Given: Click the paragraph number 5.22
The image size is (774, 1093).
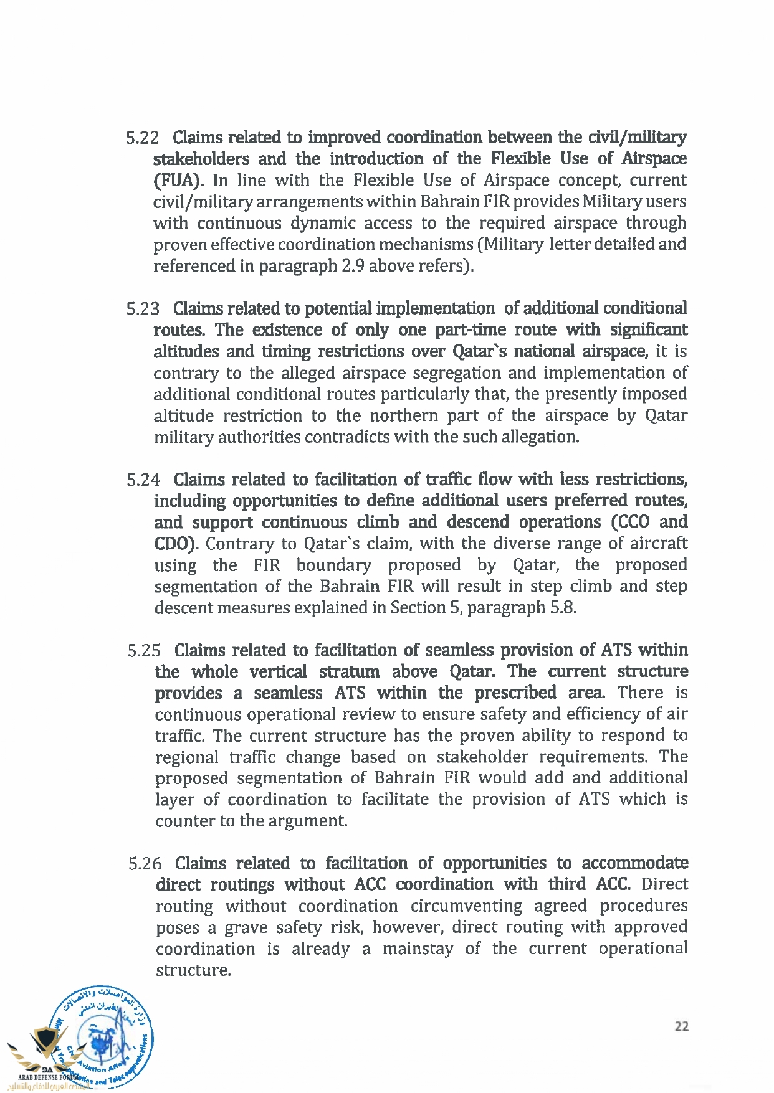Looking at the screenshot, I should (143, 138).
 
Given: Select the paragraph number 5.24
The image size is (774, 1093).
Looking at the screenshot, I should (143, 480).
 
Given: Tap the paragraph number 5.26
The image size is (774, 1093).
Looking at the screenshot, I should (145, 864).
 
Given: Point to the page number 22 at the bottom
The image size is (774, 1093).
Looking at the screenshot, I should (682, 1026).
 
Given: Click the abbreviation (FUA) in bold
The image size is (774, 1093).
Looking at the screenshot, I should (179, 181).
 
